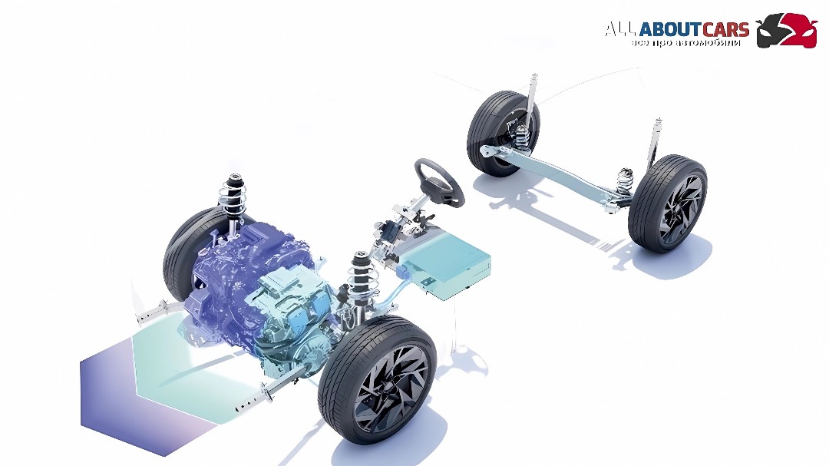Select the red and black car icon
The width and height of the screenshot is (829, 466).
coord(787,31)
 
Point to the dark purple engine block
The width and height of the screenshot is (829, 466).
coord(233,275)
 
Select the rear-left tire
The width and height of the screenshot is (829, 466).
coord(502,132)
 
